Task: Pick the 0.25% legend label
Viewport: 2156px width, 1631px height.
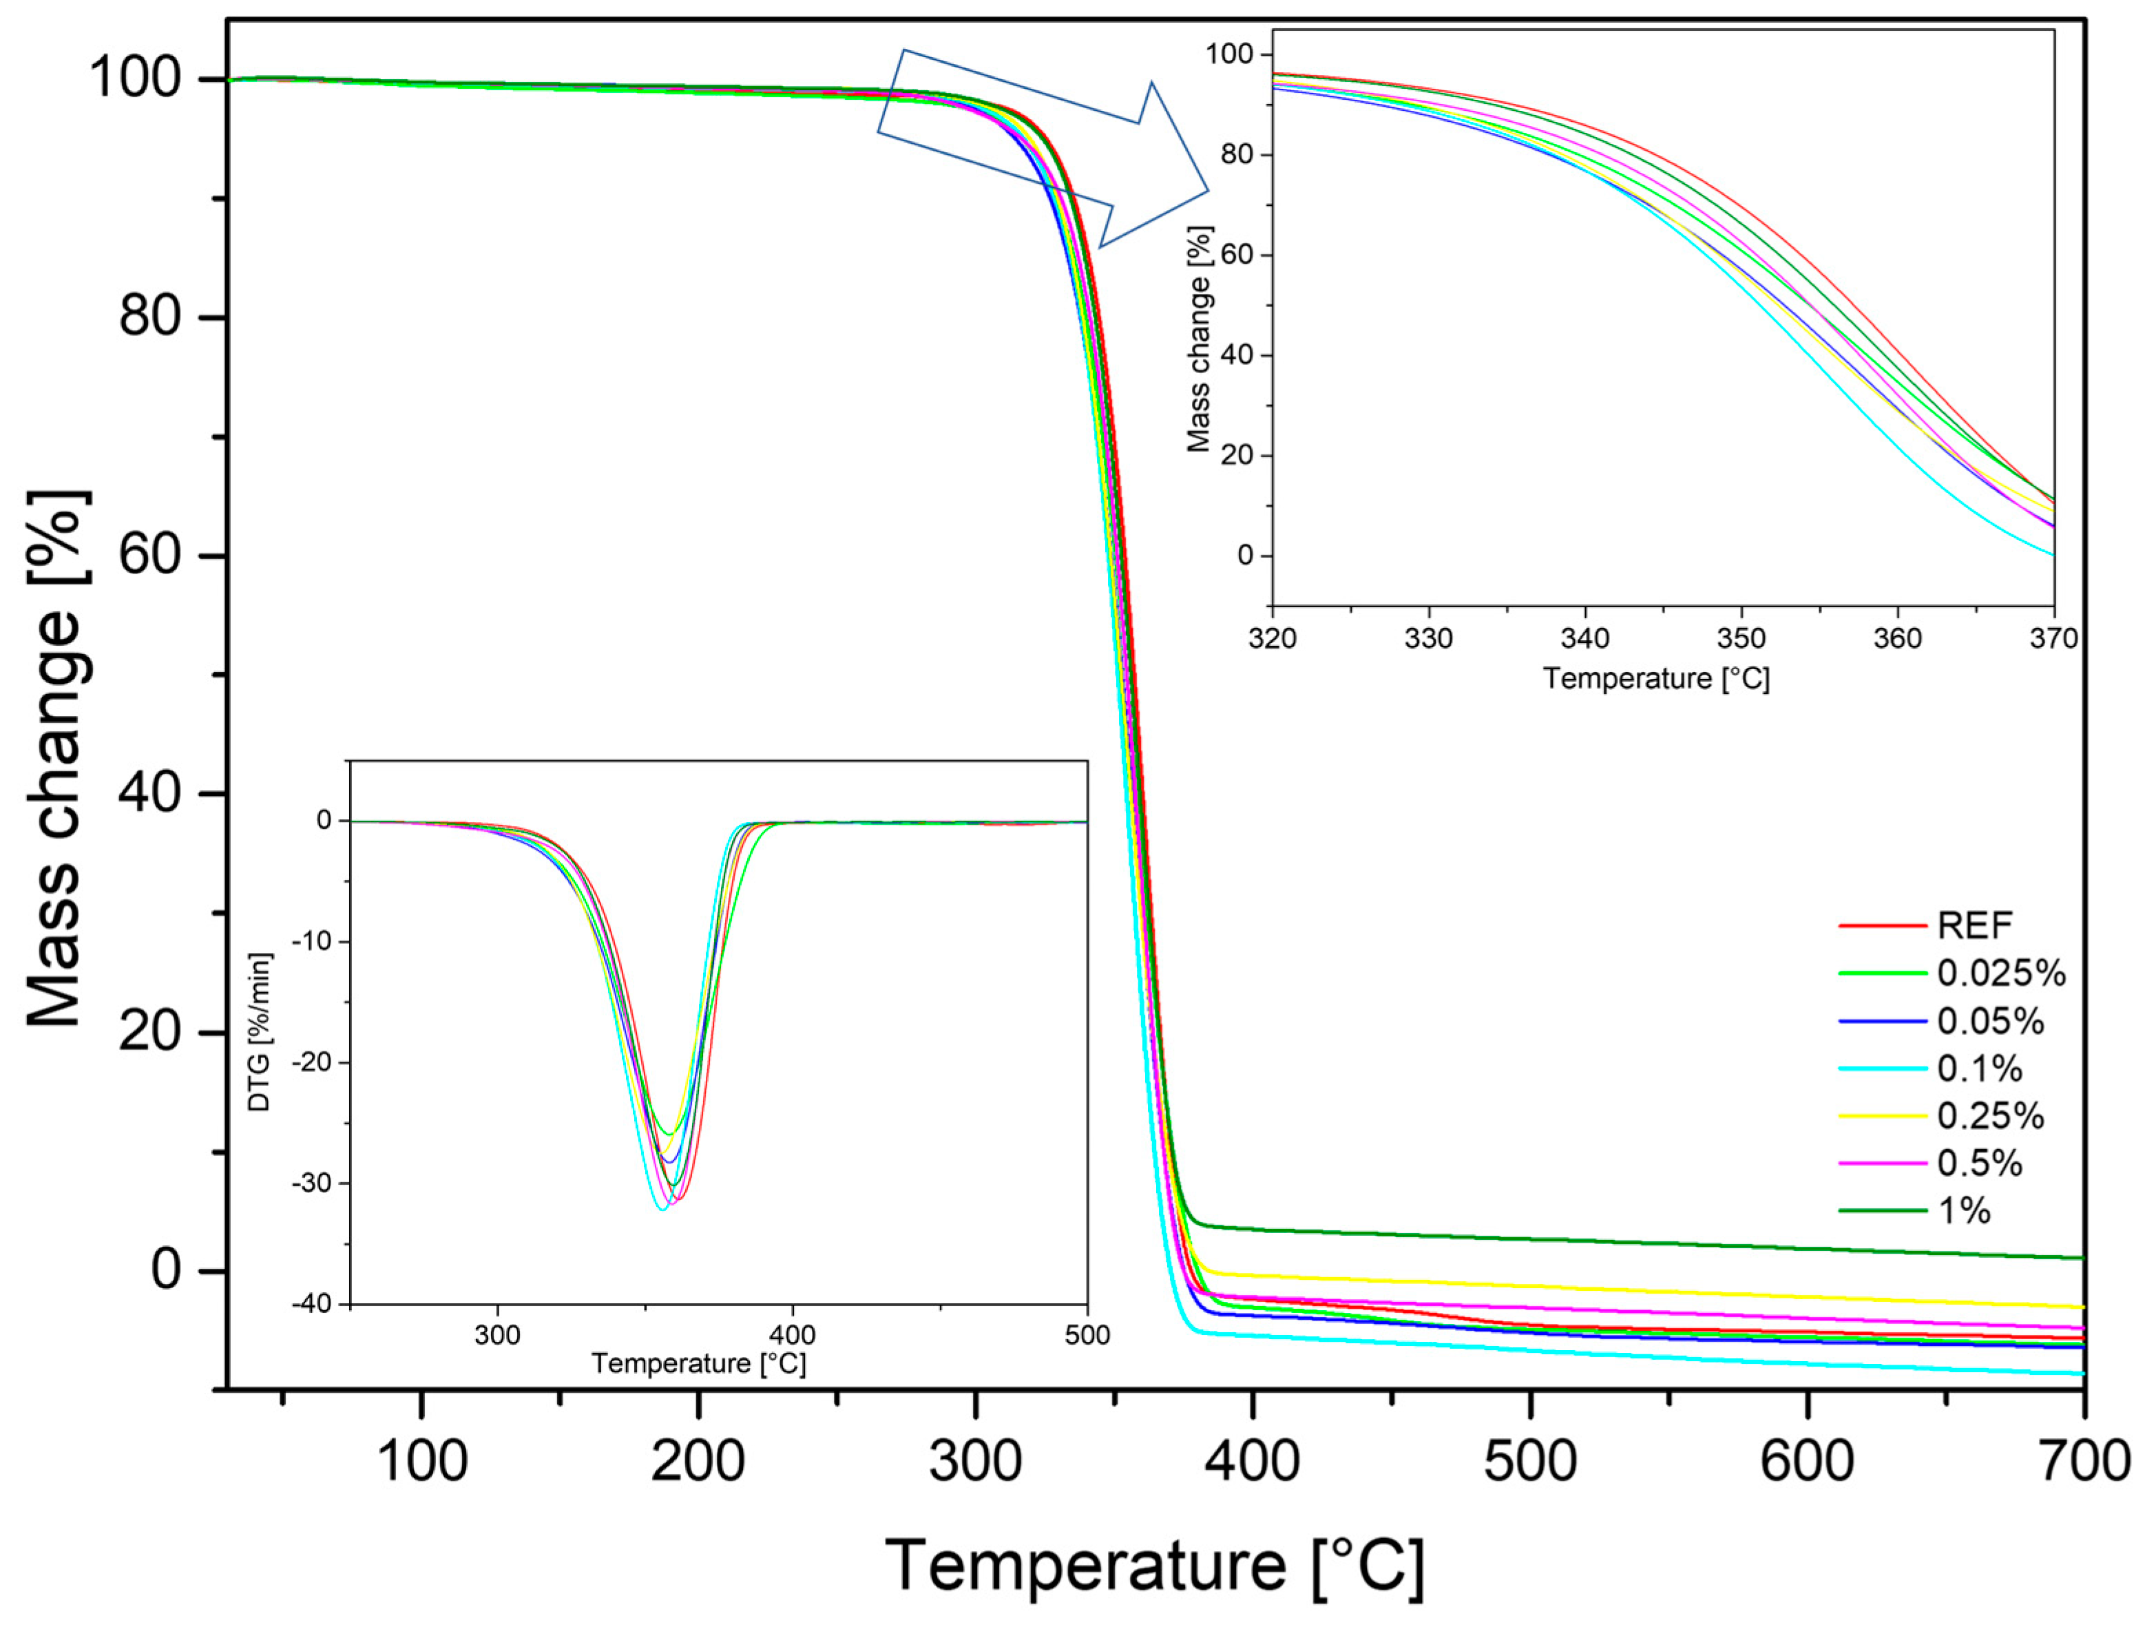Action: tap(1989, 1115)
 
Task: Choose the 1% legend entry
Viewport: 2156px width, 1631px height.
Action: tap(1963, 1211)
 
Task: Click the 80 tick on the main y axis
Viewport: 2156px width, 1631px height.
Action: tap(150, 317)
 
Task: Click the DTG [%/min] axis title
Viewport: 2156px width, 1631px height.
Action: tap(260, 1033)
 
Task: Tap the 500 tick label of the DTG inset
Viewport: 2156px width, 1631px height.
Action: tap(1087, 1335)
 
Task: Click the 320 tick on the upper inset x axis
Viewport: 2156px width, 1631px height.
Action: tap(1272, 639)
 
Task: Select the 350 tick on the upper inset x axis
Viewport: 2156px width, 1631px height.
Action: tap(1741, 639)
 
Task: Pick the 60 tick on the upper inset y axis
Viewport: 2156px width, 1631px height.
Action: tap(1236, 255)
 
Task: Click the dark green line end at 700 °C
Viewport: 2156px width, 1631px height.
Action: tap(2082, 1258)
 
